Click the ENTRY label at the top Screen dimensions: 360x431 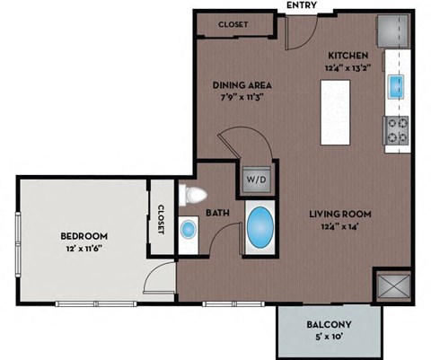pos(300,5)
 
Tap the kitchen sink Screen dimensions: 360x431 pos(395,86)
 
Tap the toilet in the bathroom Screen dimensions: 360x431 pos(191,195)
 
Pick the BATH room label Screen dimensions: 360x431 pos(219,214)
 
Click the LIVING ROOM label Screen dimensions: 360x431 pos(340,214)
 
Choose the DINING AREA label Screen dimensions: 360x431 pos(242,85)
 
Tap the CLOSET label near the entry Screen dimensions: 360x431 pos(233,24)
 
